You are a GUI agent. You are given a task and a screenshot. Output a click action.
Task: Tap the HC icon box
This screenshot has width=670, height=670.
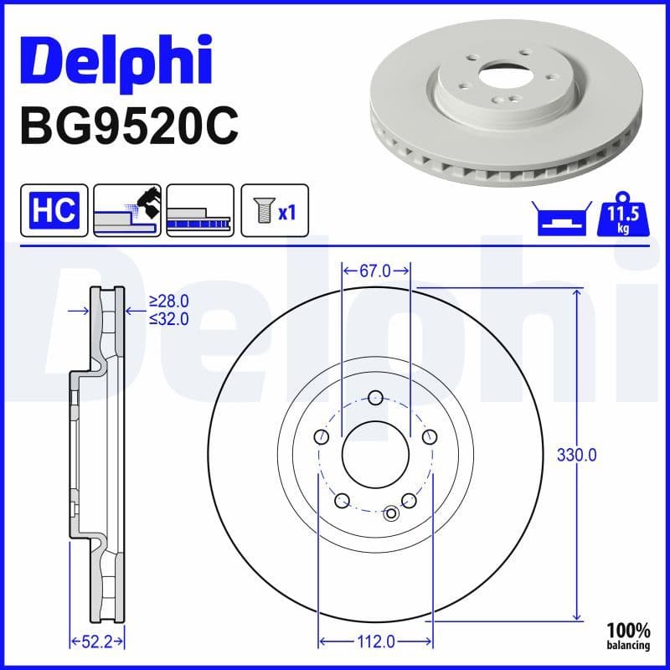click(54, 210)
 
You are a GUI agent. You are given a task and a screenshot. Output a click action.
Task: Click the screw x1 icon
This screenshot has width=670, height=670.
click(275, 210)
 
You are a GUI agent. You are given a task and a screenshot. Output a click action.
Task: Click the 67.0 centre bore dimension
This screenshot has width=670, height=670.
click(376, 271)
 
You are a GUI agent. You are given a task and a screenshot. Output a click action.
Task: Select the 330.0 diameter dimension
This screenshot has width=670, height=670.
click(577, 456)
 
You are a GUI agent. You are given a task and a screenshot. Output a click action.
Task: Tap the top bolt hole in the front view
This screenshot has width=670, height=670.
click(376, 398)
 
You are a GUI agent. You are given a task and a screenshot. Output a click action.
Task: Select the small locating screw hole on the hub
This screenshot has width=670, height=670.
click(392, 513)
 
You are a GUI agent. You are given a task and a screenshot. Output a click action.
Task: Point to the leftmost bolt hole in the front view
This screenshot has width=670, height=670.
click(322, 437)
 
